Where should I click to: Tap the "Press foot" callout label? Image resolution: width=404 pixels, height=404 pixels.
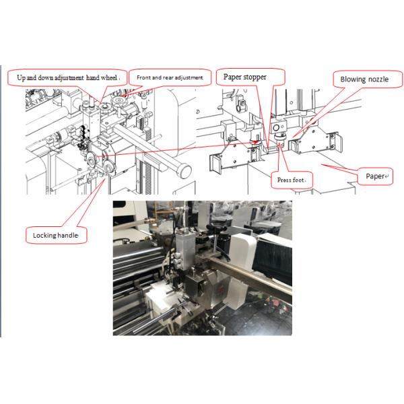[x=291, y=180]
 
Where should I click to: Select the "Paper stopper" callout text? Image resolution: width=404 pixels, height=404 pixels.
[x=245, y=77]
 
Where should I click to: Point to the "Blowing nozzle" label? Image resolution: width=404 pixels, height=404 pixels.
[x=364, y=79]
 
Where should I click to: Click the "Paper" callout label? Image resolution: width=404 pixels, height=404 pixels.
[x=375, y=176]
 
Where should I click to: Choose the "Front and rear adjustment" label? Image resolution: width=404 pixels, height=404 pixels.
[x=170, y=77]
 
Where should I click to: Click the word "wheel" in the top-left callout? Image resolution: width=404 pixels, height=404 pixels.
[x=109, y=77]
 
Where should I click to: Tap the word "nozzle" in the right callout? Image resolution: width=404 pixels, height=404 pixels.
[x=378, y=79]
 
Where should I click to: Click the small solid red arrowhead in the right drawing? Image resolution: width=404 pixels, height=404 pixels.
[x=255, y=141]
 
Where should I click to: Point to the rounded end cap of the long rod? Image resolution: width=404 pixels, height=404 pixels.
[x=185, y=171]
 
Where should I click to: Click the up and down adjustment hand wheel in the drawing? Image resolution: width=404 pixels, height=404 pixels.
[x=105, y=106]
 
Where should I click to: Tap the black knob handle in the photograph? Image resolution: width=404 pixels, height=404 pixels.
[x=216, y=228]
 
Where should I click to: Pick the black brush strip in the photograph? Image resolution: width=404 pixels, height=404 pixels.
[x=273, y=260]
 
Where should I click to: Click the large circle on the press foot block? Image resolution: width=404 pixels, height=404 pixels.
[x=276, y=127]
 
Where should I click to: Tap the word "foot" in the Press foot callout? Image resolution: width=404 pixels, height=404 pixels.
[x=298, y=180]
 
